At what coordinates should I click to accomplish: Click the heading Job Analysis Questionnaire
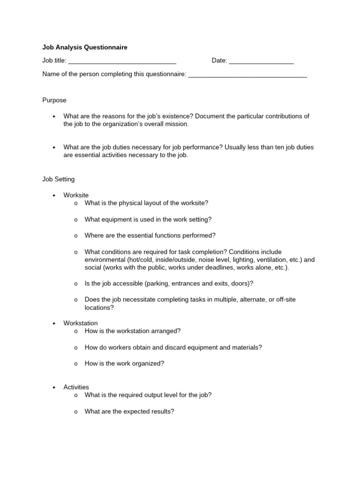85,47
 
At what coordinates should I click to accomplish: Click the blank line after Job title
122,61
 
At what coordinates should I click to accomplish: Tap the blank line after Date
262,61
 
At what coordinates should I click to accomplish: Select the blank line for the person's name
247,75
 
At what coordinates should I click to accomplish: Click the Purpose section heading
54,100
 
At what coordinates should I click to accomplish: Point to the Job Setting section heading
59,179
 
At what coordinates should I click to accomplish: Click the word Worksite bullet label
76,195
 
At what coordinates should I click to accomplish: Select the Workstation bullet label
81,323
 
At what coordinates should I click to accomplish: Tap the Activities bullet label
76,387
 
